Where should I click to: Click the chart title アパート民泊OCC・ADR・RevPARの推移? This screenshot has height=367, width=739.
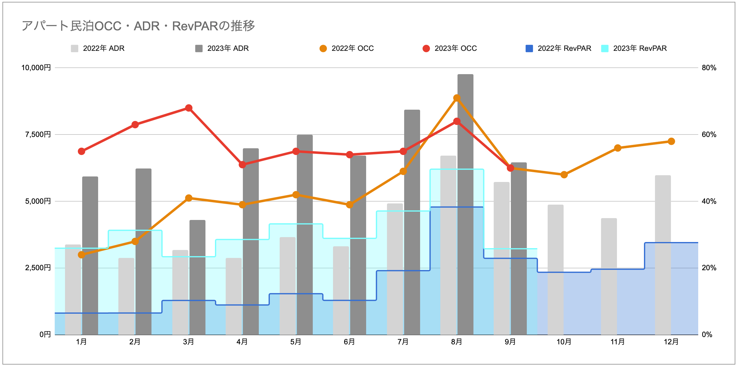coord(138,26)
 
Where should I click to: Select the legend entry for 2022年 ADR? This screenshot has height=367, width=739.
coord(98,48)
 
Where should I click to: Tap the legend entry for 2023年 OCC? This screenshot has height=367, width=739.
coord(450,48)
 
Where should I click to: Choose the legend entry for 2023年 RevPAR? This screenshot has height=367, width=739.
coord(634,48)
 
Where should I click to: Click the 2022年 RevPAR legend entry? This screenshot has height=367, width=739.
coord(559,48)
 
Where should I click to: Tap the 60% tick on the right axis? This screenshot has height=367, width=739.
coord(709,134)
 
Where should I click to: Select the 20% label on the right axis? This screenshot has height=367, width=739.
coord(709,268)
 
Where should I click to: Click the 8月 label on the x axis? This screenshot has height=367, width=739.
coord(457,342)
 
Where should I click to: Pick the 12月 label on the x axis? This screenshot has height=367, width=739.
coord(671,342)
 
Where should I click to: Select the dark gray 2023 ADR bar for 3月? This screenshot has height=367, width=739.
coord(197,277)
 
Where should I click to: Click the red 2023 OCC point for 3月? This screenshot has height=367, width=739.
coord(189,108)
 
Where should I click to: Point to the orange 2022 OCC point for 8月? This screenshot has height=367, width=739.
coord(457,98)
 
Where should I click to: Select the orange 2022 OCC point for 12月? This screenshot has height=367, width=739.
coord(671,141)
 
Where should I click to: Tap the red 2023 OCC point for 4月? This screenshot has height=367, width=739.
coord(243,165)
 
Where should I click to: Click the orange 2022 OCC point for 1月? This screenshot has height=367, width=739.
coord(82,255)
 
